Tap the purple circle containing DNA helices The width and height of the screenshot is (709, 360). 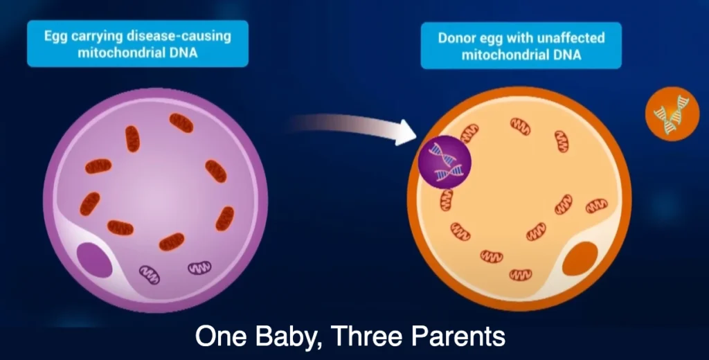445,162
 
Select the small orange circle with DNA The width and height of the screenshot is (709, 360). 672,114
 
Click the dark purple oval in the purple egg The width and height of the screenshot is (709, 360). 94,260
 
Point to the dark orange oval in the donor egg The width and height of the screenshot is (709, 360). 580,259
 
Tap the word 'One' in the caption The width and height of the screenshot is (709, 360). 221,336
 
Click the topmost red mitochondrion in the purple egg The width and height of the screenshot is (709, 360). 181,123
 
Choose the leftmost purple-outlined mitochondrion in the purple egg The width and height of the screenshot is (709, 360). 150,275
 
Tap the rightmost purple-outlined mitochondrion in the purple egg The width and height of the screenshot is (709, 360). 199,267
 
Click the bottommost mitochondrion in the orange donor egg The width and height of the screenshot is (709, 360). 521,275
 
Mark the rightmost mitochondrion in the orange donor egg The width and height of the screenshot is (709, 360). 597,206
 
